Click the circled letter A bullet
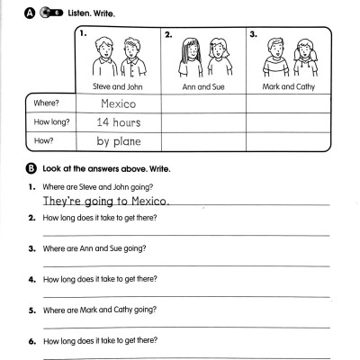31,14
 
